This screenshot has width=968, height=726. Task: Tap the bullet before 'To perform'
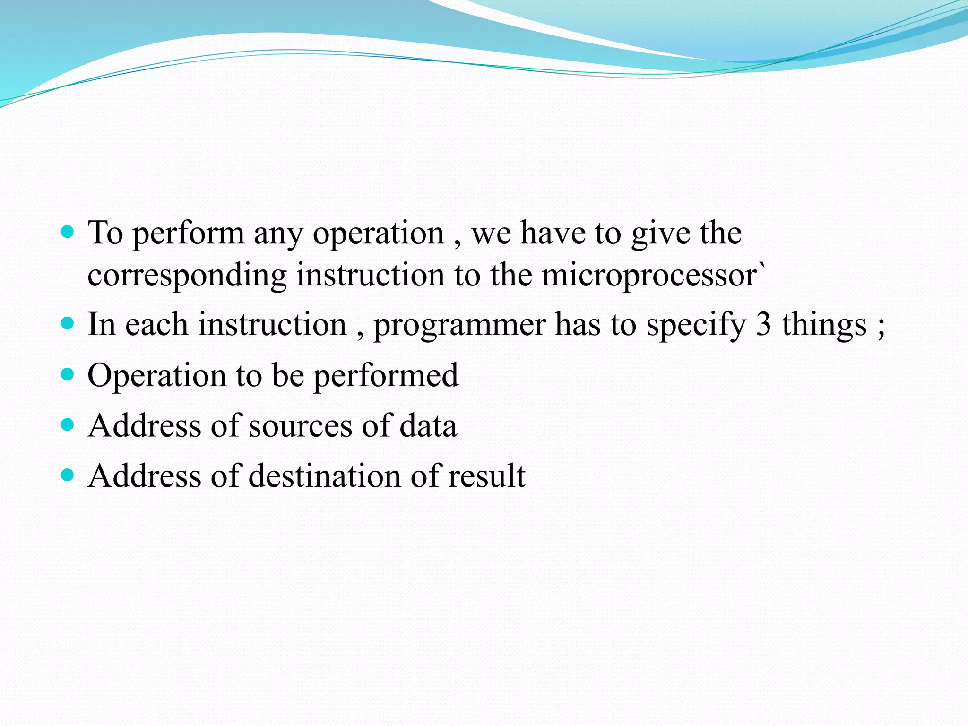point(68,232)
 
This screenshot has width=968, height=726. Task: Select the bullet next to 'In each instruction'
point(68,323)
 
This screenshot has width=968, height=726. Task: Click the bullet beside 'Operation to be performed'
point(68,374)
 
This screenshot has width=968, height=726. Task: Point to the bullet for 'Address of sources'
point(68,424)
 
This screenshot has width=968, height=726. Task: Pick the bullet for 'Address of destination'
point(68,475)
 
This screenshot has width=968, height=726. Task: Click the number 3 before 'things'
point(763,325)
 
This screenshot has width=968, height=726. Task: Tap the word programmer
point(459,326)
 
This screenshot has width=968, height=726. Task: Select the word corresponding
point(187,276)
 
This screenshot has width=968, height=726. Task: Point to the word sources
point(301,426)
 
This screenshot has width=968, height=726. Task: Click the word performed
point(386,376)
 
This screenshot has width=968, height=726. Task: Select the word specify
point(696,326)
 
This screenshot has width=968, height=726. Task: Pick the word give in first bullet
point(661,233)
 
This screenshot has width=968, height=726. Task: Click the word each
point(156,325)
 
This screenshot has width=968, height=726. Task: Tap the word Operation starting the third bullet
point(157,376)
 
